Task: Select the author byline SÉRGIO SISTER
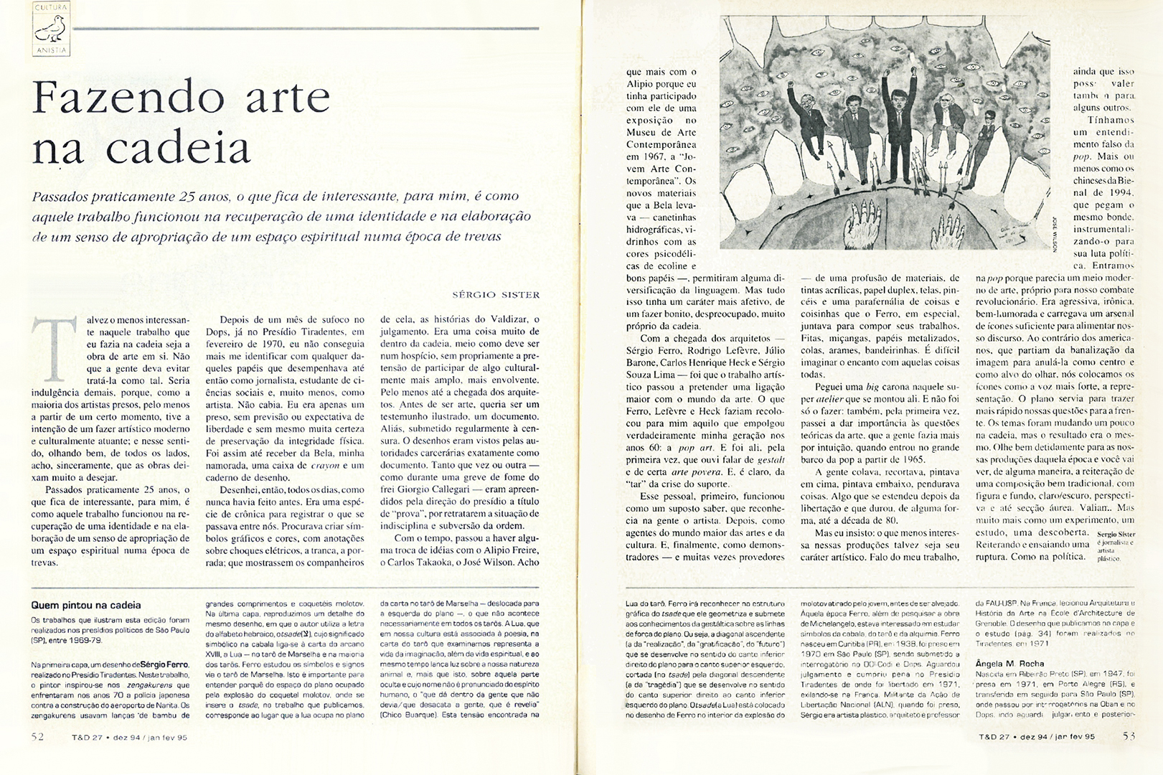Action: [x=496, y=294]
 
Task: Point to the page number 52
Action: [x=38, y=736]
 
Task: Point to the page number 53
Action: [x=1129, y=736]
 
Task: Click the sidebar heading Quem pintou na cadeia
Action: [x=86, y=605]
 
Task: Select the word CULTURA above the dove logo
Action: [x=51, y=8]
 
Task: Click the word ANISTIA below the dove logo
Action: [x=51, y=50]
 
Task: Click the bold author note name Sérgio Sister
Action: [x=1116, y=535]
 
